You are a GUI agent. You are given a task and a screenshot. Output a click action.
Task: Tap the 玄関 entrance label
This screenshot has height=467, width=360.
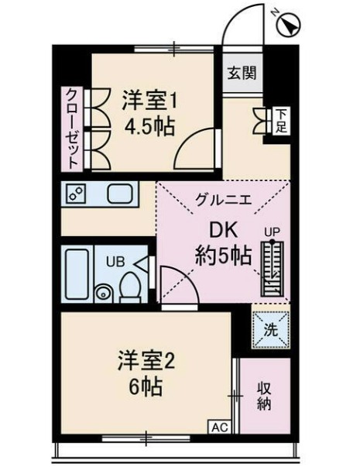[242, 72]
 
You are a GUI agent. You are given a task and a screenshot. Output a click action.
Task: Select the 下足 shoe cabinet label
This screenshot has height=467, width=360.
[280, 120]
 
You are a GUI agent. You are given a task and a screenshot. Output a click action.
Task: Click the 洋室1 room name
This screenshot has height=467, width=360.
[149, 101]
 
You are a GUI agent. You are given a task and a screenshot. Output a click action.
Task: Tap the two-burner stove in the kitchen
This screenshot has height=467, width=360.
[76, 194]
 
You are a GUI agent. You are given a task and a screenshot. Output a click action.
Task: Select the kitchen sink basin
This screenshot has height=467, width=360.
[120, 194]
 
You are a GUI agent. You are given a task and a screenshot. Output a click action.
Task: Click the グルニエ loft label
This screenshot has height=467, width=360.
[224, 198]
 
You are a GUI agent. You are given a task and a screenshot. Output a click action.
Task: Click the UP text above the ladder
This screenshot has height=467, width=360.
[273, 232]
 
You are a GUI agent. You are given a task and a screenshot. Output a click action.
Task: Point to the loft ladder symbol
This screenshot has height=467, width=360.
[273, 268]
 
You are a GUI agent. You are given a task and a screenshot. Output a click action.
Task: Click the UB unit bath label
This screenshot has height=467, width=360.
[115, 262]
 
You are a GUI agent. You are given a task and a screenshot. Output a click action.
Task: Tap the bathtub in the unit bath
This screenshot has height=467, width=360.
[77, 274]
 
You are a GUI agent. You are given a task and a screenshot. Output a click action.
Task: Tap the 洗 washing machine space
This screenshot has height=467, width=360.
[271, 330]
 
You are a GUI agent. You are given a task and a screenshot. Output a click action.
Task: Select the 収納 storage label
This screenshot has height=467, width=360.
[264, 396]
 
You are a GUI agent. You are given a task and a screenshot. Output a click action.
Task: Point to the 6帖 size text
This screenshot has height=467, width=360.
[145, 387]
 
